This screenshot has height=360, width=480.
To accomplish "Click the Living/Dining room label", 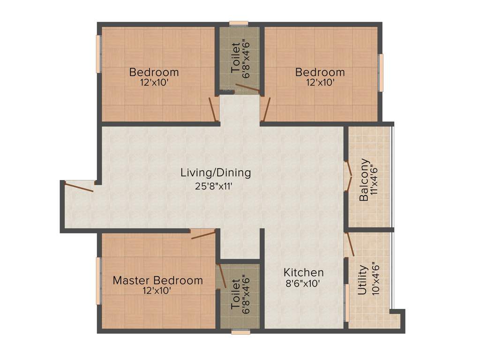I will coord(216,172).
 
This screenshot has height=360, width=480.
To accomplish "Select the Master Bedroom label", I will coord(158,280).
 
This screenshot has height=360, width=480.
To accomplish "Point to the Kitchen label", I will coord(304,272).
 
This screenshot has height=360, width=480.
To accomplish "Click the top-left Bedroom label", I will coord(154,72).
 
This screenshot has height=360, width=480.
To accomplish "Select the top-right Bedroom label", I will coord(320,72).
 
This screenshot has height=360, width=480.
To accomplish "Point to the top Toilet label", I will coord(236,57).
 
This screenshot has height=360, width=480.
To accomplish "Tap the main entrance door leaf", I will coord(79,187).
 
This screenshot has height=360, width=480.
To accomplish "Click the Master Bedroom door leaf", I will coord(203,234).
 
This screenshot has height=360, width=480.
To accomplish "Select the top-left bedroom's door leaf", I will coord(213,109).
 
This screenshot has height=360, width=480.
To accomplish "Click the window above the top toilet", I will coord(239,23).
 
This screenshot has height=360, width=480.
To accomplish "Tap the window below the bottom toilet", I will coord(240,332).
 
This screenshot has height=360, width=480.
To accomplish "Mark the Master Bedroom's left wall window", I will coord(99,281).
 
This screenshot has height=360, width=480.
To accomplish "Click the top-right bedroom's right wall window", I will coord(381,72).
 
